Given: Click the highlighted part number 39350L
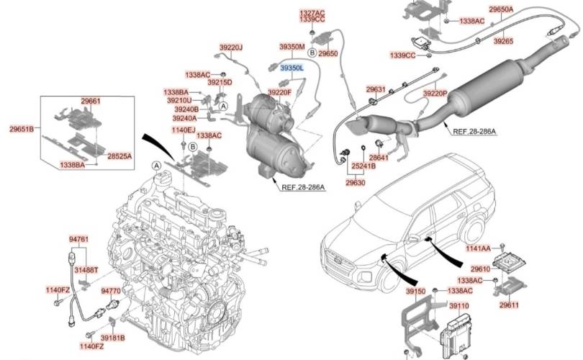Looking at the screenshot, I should coord(293,68).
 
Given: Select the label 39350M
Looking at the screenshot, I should coord(293,47).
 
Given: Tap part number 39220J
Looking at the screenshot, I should coord(230,48).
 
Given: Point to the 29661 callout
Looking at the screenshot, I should coord(91,102).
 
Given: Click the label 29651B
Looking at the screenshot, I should coord(22,130).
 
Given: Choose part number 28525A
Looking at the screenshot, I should coord(119,156).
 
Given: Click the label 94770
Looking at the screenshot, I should coord(111,291).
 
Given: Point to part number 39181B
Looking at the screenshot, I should coord(112,337).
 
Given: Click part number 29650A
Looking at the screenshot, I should coord(501,9).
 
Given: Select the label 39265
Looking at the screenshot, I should coord(503,42).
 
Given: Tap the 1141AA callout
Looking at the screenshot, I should coord(478,248).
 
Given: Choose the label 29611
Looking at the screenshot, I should coord(510,305).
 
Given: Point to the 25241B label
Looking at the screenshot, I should coord(364,166).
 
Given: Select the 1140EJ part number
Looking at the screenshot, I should coord(183,130).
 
